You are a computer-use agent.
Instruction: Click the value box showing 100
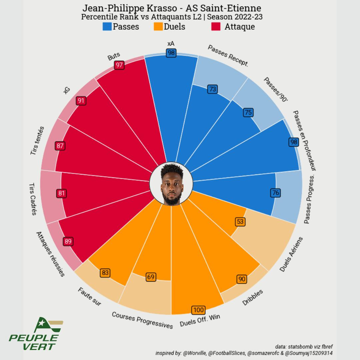click(198, 310)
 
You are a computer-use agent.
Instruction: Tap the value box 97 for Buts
click(119, 65)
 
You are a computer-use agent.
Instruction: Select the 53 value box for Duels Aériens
click(240, 222)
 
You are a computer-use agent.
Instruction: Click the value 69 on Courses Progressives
click(151, 277)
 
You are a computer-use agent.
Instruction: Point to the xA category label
click(171, 44)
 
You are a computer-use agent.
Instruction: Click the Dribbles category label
click(252, 297)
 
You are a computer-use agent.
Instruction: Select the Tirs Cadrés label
click(33, 199)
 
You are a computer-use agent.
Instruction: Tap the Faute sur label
click(89, 296)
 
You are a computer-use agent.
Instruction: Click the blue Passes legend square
click(107, 27)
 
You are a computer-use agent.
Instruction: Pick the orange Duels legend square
click(158, 27)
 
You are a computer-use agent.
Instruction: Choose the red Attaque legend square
click(216, 27)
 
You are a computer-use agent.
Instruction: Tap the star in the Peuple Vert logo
click(42, 323)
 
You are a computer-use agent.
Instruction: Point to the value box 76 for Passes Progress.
click(276, 193)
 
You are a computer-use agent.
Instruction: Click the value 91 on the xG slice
click(81, 101)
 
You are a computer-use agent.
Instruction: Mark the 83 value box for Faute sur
click(105, 273)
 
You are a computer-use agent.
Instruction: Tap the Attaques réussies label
click(50, 254)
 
